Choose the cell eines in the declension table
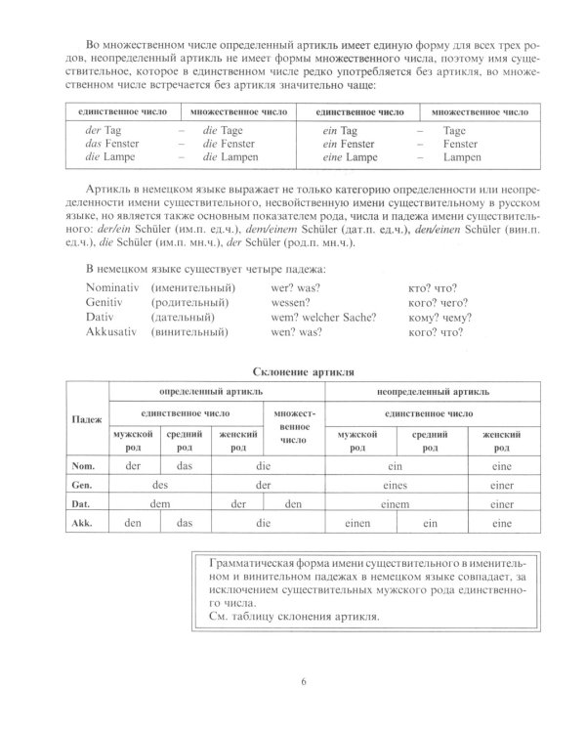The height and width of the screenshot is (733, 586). point(395,484)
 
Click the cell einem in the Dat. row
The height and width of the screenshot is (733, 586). point(395,504)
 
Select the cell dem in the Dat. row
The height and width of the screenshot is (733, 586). point(161,504)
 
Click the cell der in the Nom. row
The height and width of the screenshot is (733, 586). point(135,464)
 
